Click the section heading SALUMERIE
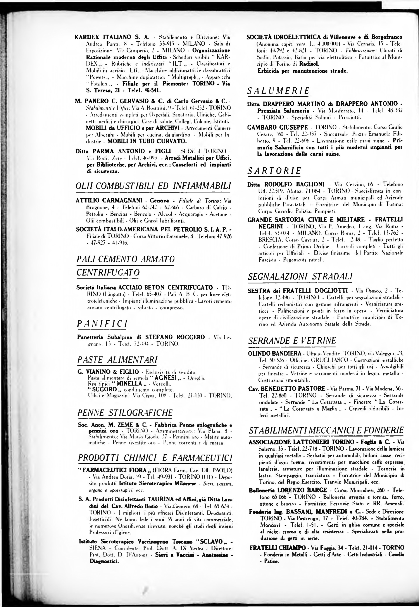click(278, 91)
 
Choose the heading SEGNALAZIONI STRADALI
click(300, 277)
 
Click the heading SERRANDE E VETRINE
click(292, 341)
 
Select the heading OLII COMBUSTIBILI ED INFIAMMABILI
click(153, 186)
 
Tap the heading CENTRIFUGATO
click(108, 273)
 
